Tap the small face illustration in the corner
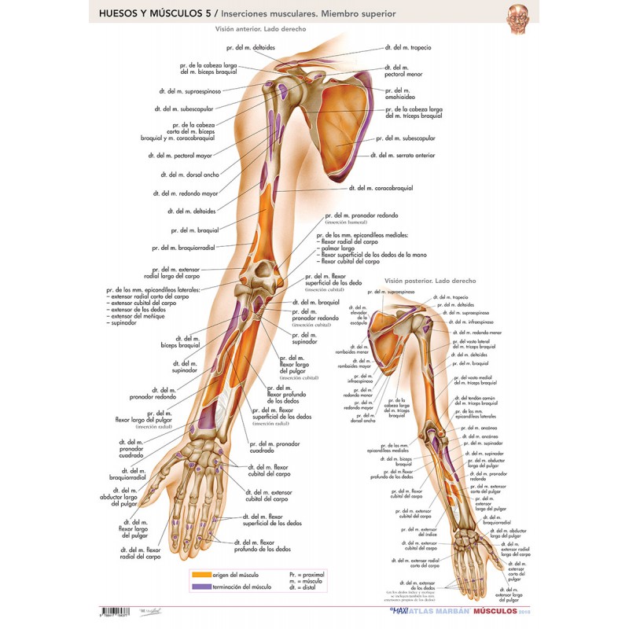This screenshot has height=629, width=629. pos(516,17)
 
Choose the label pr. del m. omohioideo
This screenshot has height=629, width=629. pos(402,94)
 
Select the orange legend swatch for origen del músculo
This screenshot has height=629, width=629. pos(201,575)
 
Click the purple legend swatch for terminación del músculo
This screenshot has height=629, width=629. pos(201,587)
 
